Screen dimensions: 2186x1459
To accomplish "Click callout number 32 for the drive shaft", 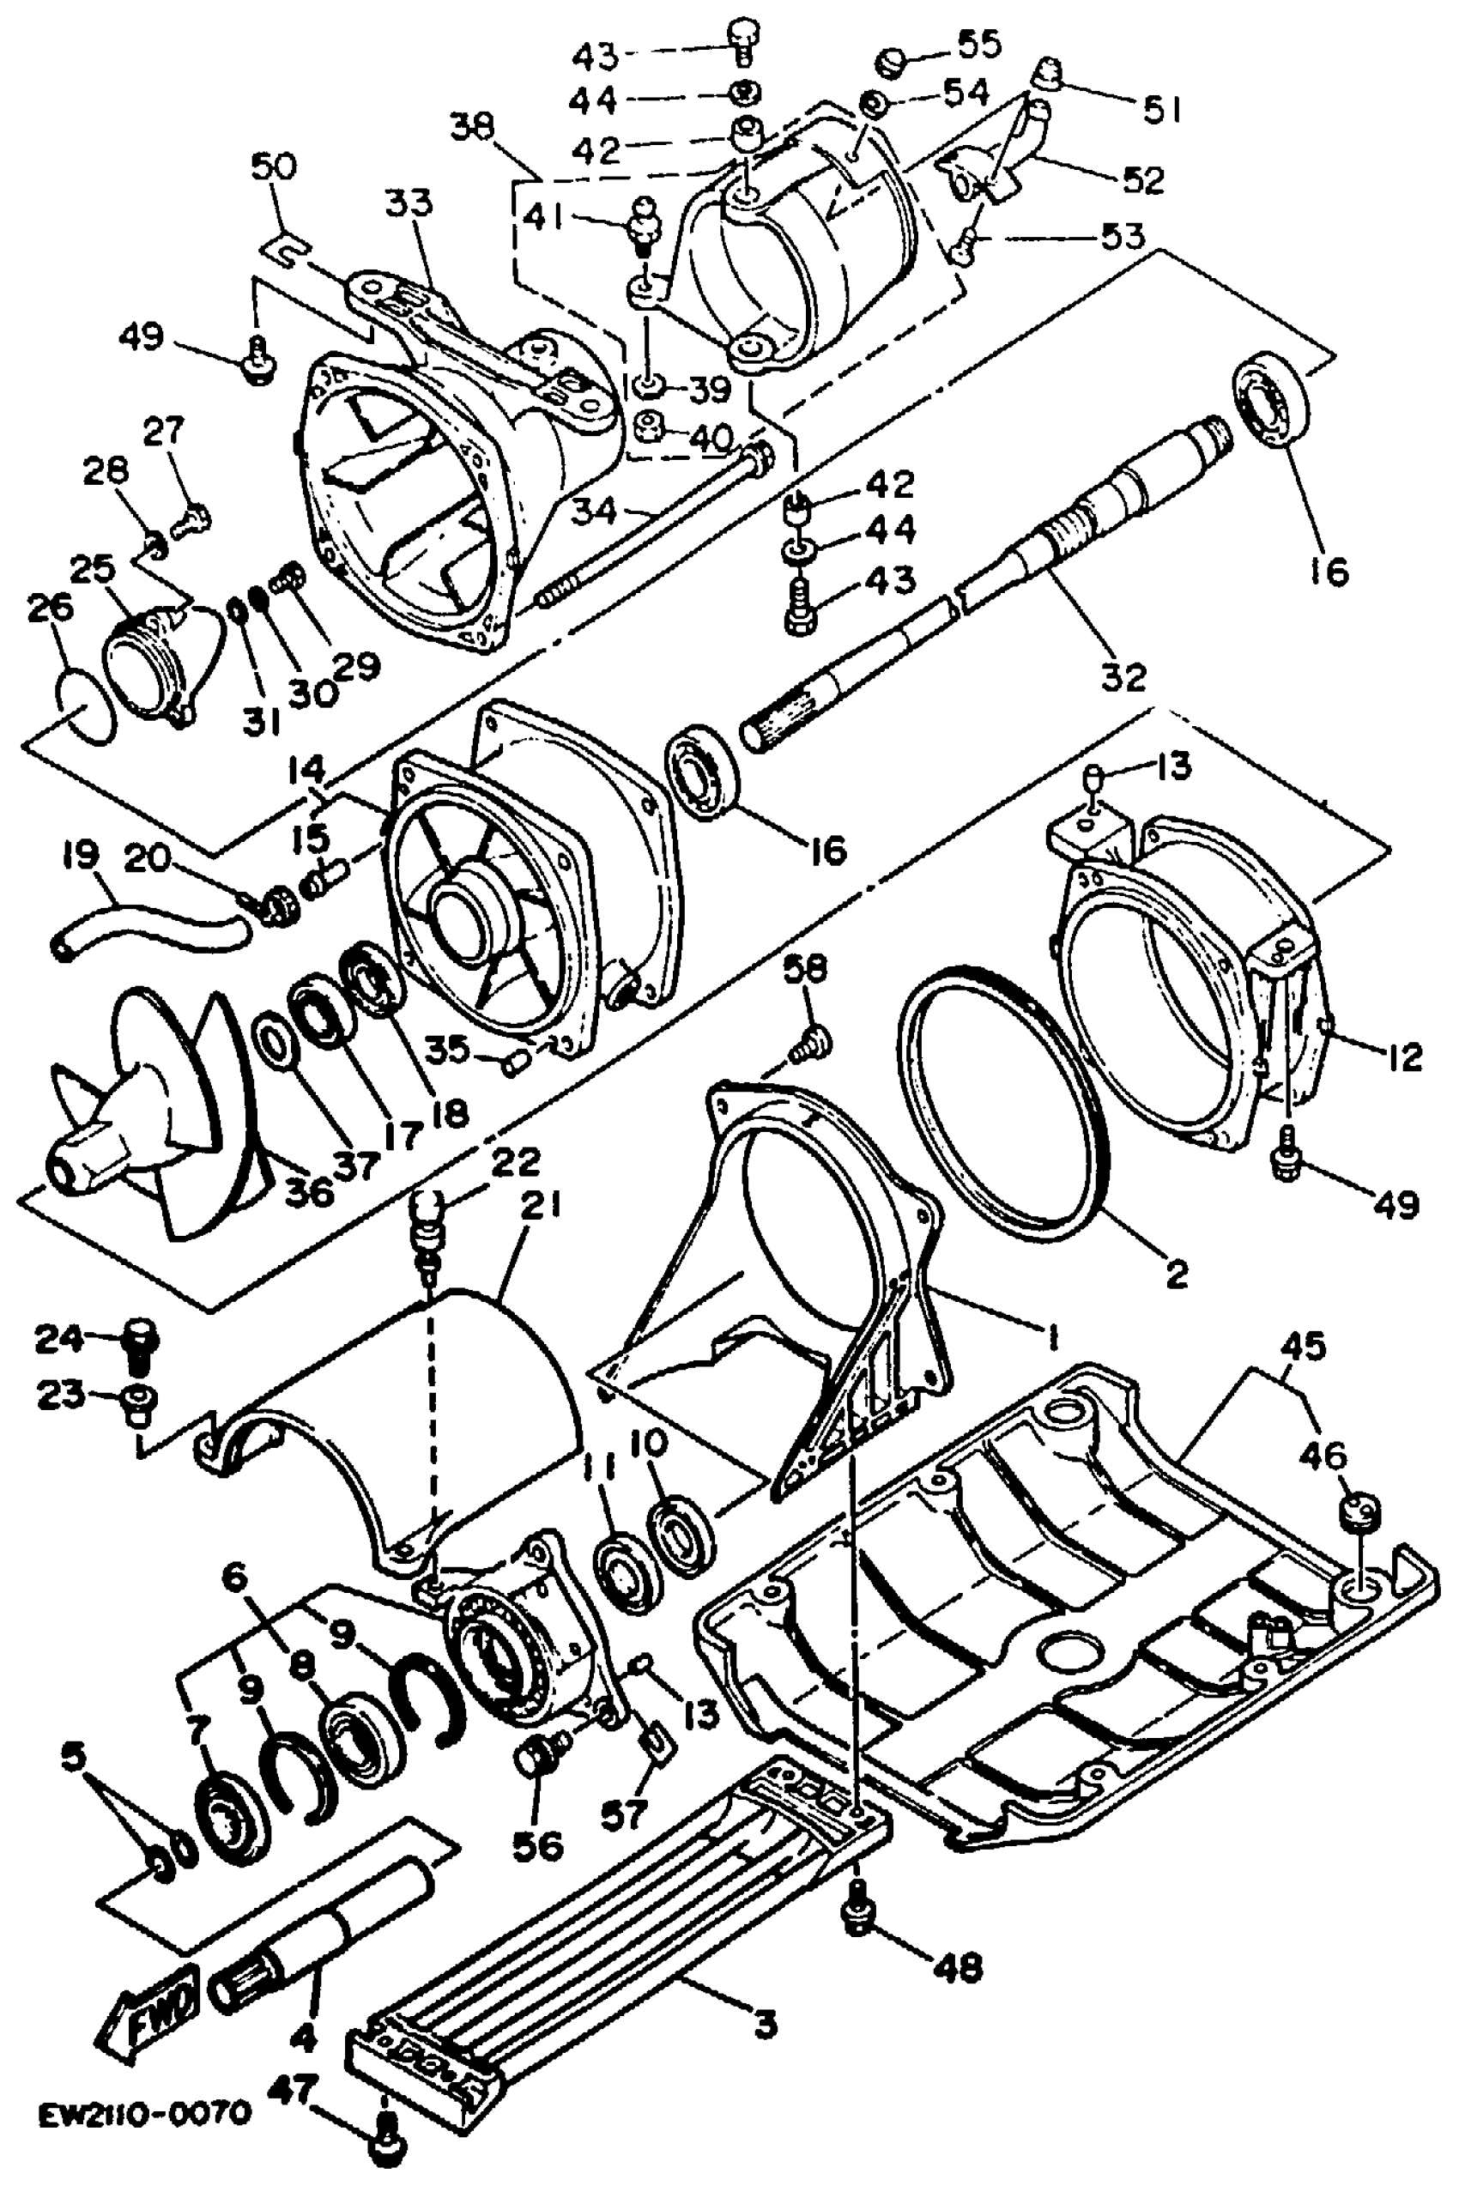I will [1123, 676].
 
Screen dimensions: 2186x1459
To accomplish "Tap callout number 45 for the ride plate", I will [1303, 1347].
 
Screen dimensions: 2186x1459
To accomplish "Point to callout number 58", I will [804, 970].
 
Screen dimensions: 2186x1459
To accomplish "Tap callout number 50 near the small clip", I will [274, 168].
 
